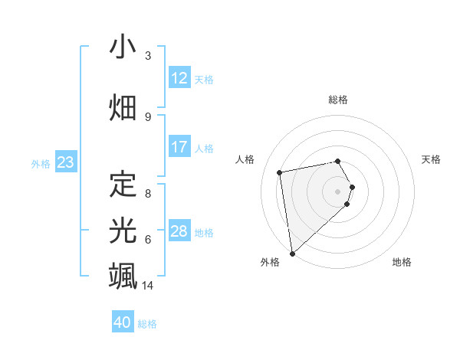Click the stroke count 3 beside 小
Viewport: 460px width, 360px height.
coord(148,56)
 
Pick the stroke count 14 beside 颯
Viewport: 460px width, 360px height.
coord(149,286)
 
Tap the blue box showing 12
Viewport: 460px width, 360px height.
coord(179,77)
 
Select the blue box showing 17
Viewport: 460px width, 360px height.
coord(179,147)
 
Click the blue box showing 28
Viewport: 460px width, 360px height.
coord(179,231)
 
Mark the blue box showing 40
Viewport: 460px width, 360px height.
coord(123,322)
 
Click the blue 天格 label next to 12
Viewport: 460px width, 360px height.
coord(204,79)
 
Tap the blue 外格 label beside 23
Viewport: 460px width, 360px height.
coord(41,164)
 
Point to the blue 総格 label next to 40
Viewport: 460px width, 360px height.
coord(147,324)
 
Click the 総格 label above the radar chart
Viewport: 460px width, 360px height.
coord(337,100)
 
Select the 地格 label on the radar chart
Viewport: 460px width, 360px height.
coord(402,262)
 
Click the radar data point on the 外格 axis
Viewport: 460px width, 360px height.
coord(292,253)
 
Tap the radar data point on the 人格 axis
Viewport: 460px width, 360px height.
coord(280,172)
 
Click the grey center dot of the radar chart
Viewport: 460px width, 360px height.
coord(337,191)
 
